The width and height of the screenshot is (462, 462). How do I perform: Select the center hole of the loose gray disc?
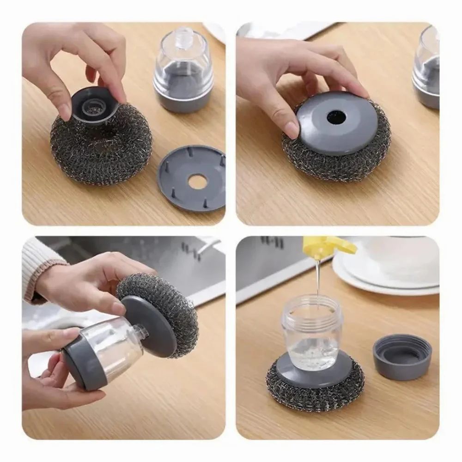[197, 181]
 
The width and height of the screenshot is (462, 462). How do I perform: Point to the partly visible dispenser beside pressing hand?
[426, 69]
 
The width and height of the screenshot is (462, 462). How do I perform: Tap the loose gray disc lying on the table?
[191, 178]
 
